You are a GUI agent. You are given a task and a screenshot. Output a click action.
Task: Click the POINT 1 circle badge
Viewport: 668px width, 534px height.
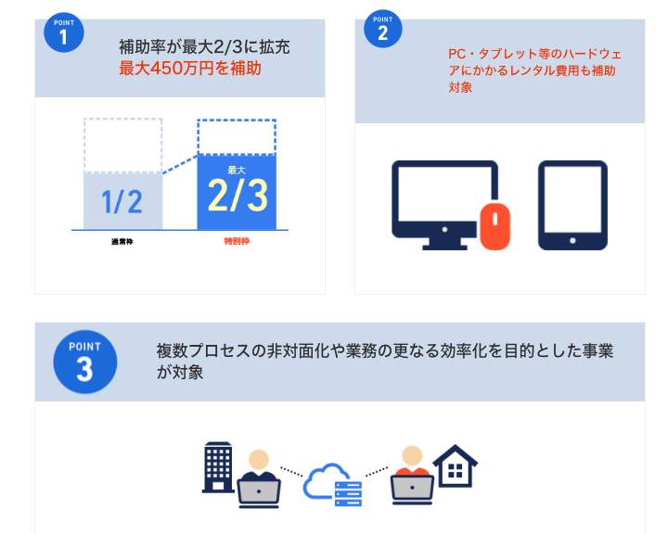coord(63,32)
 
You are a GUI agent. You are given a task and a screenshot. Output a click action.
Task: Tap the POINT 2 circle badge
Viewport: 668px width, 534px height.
coord(382,29)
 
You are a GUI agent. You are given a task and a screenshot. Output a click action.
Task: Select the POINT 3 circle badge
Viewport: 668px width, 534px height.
coord(84,362)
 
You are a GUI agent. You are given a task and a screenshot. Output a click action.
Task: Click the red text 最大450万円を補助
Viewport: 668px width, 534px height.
coord(190,68)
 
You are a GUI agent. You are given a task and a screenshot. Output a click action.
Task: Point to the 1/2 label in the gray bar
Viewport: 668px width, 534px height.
coord(122,201)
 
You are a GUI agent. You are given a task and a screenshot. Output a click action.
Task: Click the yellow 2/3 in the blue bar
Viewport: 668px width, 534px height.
coord(238,196)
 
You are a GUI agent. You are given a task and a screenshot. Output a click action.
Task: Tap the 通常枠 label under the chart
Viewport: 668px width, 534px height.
coord(122,241)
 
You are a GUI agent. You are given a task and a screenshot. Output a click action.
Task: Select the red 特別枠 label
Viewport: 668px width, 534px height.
coord(237,241)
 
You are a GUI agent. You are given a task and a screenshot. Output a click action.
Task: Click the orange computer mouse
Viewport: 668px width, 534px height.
coord(495,226)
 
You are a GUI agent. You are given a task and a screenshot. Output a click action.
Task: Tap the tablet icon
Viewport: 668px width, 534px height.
coord(572,205)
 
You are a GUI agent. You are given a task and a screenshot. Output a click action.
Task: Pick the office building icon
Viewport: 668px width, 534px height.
coord(218,467)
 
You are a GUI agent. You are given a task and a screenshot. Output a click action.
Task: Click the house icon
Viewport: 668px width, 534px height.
coord(455,466)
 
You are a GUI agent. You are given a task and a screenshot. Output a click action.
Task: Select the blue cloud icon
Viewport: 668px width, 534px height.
coord(325,480)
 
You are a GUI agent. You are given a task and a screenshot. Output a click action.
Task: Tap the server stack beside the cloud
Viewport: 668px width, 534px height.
coord(348,494)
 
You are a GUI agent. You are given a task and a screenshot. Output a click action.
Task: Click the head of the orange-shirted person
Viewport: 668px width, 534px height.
coord(412,456)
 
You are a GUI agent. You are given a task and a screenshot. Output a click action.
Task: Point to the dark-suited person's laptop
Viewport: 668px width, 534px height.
coord(259,493)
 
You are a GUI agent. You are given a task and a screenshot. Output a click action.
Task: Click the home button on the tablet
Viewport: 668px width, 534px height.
coord(572,241)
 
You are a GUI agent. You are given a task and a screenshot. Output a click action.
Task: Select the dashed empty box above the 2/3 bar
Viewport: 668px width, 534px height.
coord(237,136)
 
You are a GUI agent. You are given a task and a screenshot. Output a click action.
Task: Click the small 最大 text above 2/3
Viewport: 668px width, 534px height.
coord(237,171)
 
